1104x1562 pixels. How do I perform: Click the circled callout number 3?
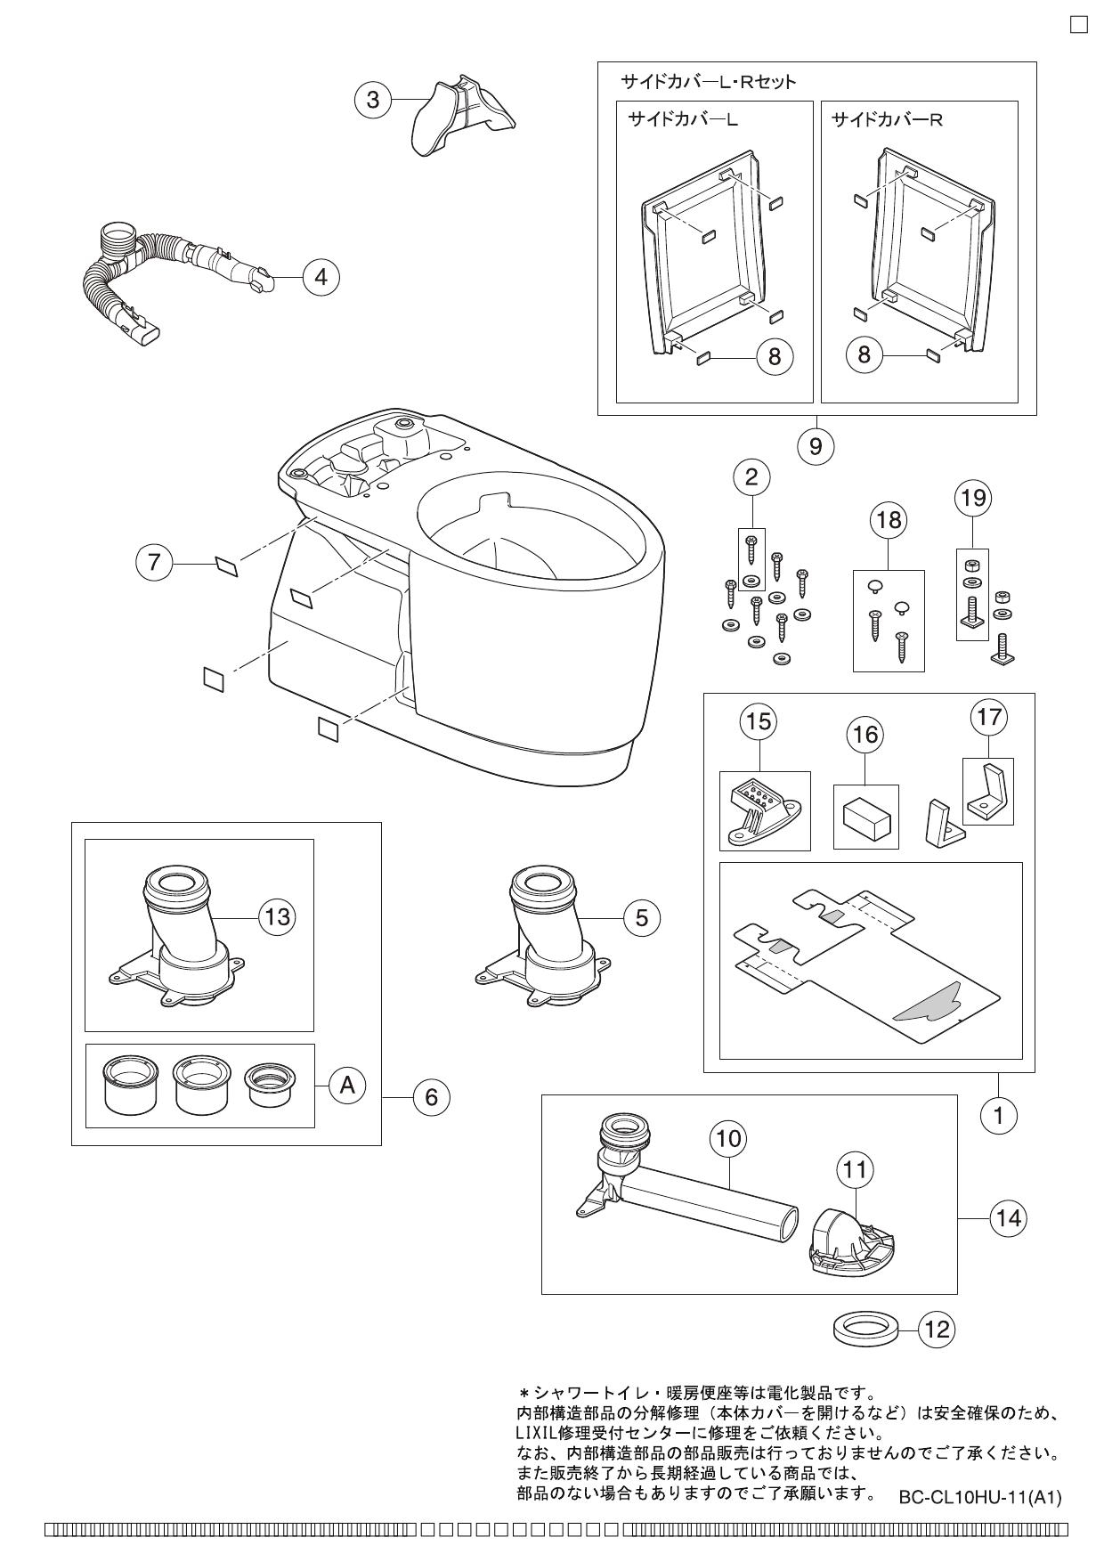[x=373, y=100]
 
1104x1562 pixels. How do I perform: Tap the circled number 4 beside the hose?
[x=321, y=277]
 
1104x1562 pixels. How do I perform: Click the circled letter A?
[x=348, y=1085]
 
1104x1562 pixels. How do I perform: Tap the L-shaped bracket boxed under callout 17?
[x=988, y=793]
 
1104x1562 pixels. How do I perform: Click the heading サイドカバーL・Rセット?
[x=708, y=82]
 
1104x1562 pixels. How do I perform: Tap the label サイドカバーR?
[x=886, y=119]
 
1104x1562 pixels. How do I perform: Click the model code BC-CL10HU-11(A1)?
[x=979, y=1498]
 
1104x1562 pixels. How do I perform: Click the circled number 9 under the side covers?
[x=816, y=446]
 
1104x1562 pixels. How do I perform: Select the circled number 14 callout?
[x=1008, y=1217]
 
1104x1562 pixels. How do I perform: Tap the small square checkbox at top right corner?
[x=1078, y=24]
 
